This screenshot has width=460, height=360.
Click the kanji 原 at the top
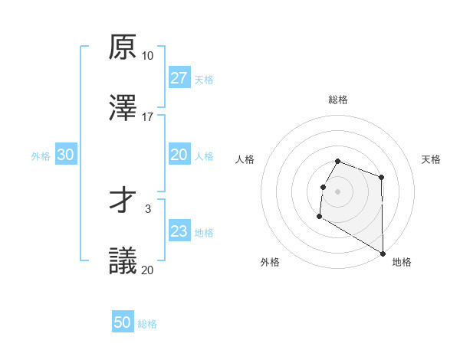tap(122, 47)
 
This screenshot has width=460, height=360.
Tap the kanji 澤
tap(122, 108)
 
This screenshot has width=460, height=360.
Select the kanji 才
tap(122, 201)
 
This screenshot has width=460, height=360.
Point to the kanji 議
tap(122, 261)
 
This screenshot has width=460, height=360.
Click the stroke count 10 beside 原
tap(147, 56)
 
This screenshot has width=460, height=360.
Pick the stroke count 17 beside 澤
tap(147, 116)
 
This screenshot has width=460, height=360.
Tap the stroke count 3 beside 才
tap(147, 208)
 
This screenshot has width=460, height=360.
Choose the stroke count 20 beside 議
tap(147, 270)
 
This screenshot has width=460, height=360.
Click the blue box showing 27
tap(179, 78)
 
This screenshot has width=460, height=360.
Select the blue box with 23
tap(179, 231)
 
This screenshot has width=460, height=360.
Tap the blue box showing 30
tap(66, 155)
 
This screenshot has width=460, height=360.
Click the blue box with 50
tap(123, 322)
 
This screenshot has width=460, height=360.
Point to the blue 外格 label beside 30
tap(41, 155)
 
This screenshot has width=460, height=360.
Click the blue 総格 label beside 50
tap(147, 324)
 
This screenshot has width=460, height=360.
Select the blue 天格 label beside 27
tap(204, 79)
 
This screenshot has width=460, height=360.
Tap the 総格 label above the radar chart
tap(338, 100)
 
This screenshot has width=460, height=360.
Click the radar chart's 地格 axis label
tap(402, 262)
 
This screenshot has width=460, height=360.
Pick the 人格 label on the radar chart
tap(245, 159)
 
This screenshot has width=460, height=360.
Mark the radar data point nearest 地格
tap(383, 254)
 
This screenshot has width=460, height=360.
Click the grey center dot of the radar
tap(338, 191)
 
